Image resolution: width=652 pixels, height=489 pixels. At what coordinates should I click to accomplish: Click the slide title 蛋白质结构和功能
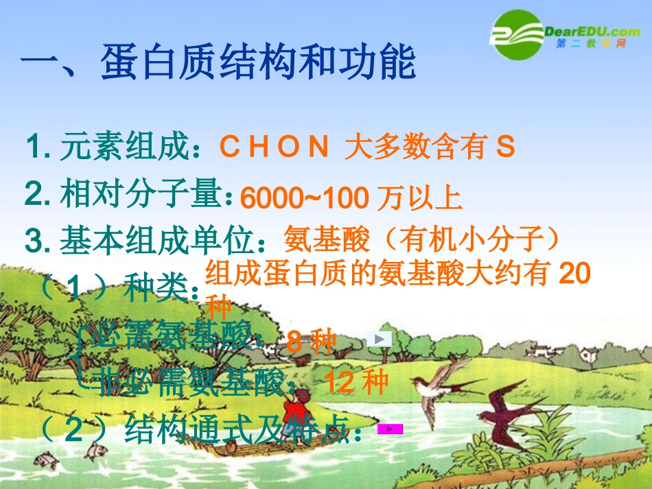point(258,64)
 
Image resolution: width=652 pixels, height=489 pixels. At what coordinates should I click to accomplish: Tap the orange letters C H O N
point(274,147)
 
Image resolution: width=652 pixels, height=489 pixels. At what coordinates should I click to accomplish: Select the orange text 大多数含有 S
point(430,147)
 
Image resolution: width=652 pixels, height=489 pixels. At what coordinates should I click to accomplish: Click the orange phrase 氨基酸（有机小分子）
point(422,241)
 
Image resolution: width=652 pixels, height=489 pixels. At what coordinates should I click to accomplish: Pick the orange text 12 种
point(356,382)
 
